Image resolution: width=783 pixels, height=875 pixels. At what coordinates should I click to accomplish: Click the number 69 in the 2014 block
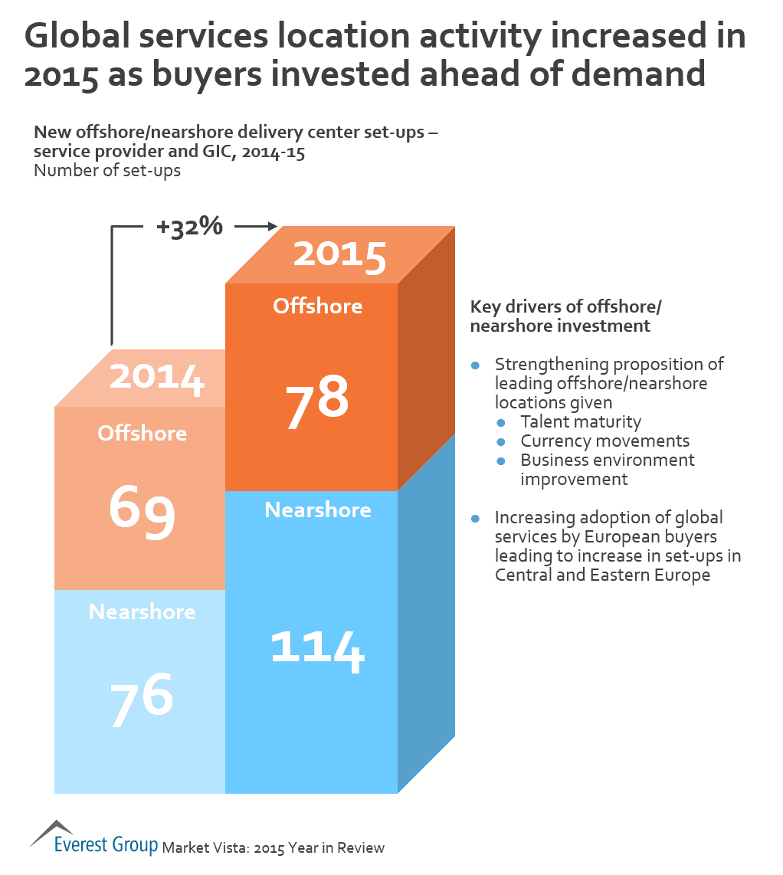pos(143,510)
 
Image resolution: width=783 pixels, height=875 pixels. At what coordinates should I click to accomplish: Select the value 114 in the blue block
pos(317,647)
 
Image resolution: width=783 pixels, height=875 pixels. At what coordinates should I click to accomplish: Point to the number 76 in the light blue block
pos(143,698)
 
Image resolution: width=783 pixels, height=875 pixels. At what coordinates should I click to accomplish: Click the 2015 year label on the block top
pos(339,255)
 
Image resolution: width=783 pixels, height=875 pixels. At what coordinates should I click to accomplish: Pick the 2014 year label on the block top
pos(157,379)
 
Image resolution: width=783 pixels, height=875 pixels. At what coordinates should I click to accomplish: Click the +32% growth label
pos(189,227)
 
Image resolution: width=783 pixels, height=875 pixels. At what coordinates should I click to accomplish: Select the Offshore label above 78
pos(317,306)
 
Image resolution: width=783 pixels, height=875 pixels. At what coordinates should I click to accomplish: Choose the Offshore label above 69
pos(143,433)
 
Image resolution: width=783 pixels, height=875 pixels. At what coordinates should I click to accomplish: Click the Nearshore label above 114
pos(317,510)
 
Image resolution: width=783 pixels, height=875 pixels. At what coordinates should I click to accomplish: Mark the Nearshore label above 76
pos(143,612)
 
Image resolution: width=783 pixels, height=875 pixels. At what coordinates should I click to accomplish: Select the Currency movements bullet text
pos(604,441)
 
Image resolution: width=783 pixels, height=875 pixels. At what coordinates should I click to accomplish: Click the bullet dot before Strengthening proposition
pos(476,365)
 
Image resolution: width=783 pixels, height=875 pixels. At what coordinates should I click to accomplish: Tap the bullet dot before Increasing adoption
pos(476,518)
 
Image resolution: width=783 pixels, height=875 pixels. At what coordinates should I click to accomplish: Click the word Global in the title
pos(87,36)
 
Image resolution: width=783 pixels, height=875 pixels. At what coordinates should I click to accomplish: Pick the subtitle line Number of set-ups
pos(107,170)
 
